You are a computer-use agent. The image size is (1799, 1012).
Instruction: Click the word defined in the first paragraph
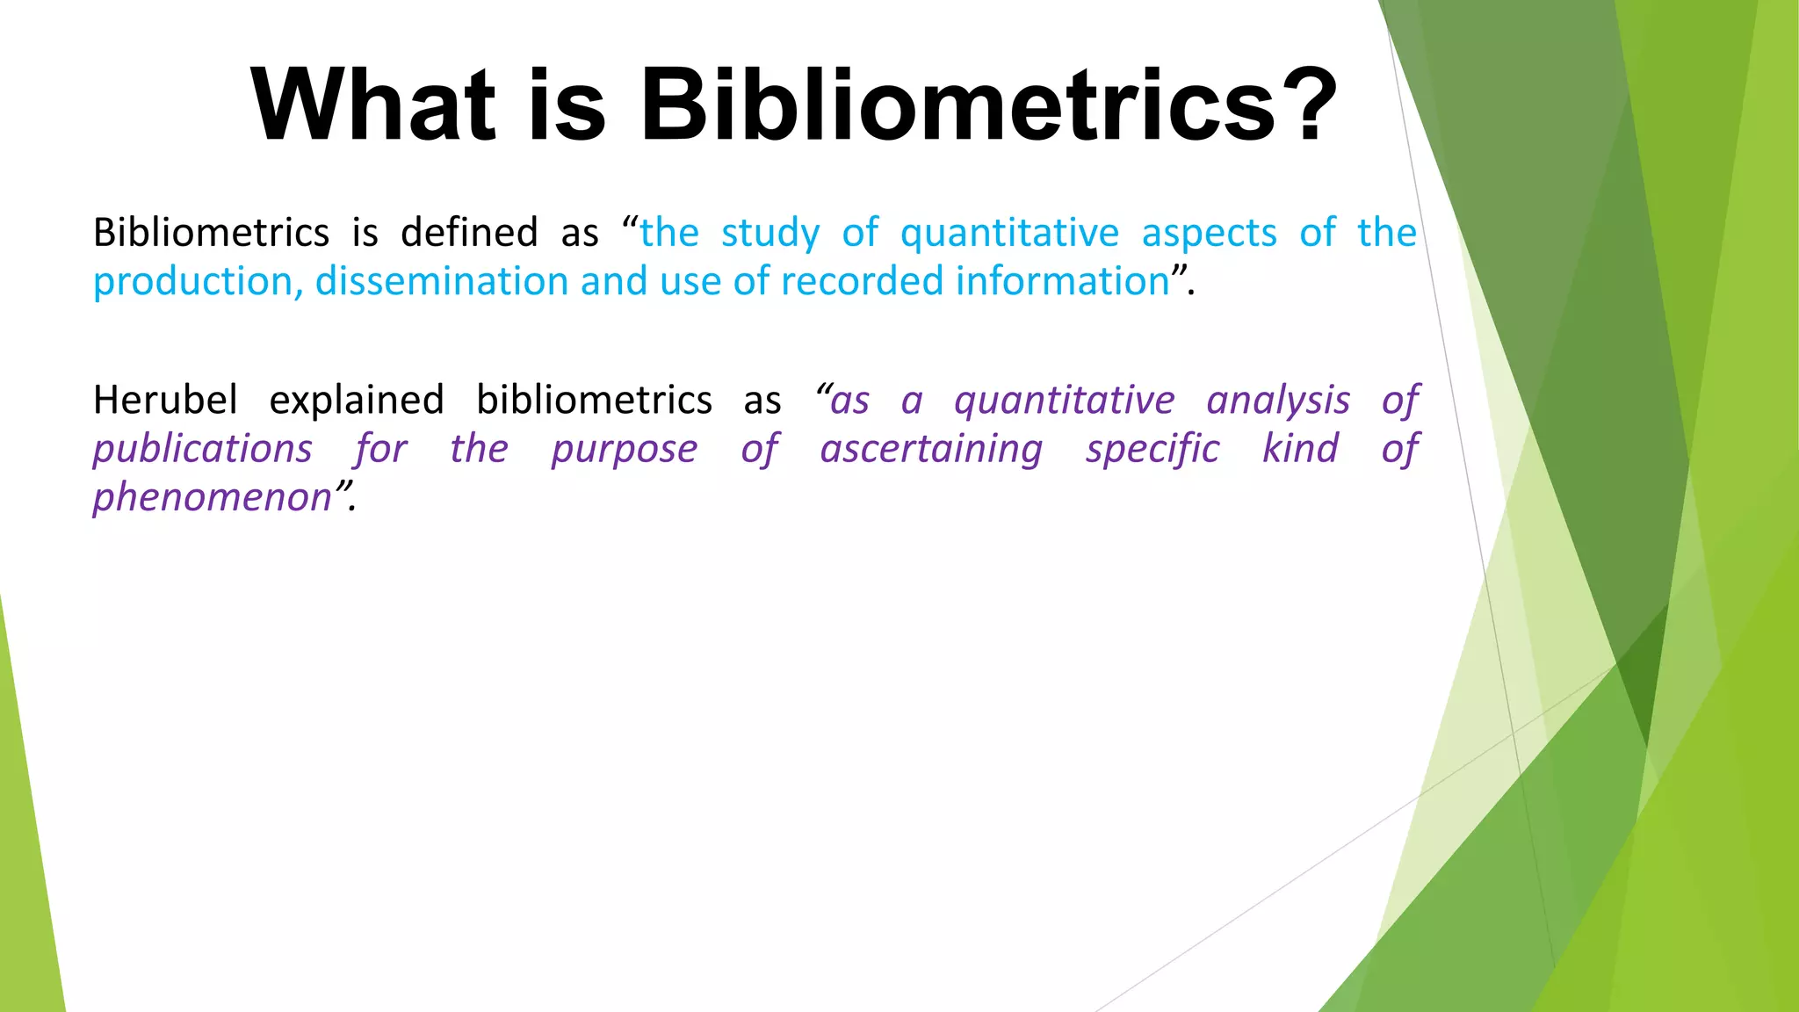(469, 234)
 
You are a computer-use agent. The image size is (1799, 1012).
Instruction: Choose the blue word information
(1062, 282)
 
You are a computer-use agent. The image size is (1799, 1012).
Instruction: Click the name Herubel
(165, 401)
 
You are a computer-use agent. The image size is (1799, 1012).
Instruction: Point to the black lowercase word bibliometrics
(594, 401)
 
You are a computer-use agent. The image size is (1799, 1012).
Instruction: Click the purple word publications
(203, 450)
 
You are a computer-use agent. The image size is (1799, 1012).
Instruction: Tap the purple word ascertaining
(931, 450)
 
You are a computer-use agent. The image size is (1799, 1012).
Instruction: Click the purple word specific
(1152, 450)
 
